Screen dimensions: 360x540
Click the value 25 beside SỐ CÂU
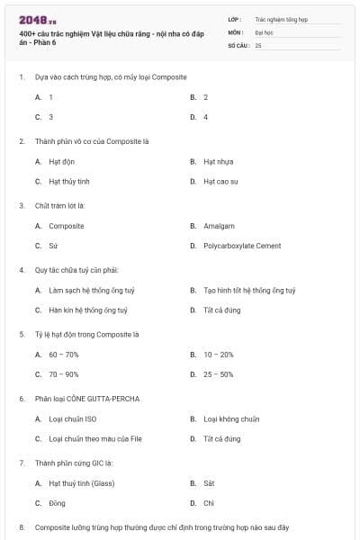[258, 45]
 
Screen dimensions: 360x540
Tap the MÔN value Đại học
[264, 31]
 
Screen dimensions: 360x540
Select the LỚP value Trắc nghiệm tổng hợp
[280, 18]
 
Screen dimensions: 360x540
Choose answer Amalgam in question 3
[218, 226]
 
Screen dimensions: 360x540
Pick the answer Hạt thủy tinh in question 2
[69, 181]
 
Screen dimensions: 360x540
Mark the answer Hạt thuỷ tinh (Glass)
[81, 483]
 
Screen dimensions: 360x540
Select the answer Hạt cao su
[220, 181]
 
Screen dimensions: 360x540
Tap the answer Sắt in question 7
[209, 483]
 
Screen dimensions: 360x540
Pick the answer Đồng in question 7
[57, 503]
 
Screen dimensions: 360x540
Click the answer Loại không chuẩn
[231, 418]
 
